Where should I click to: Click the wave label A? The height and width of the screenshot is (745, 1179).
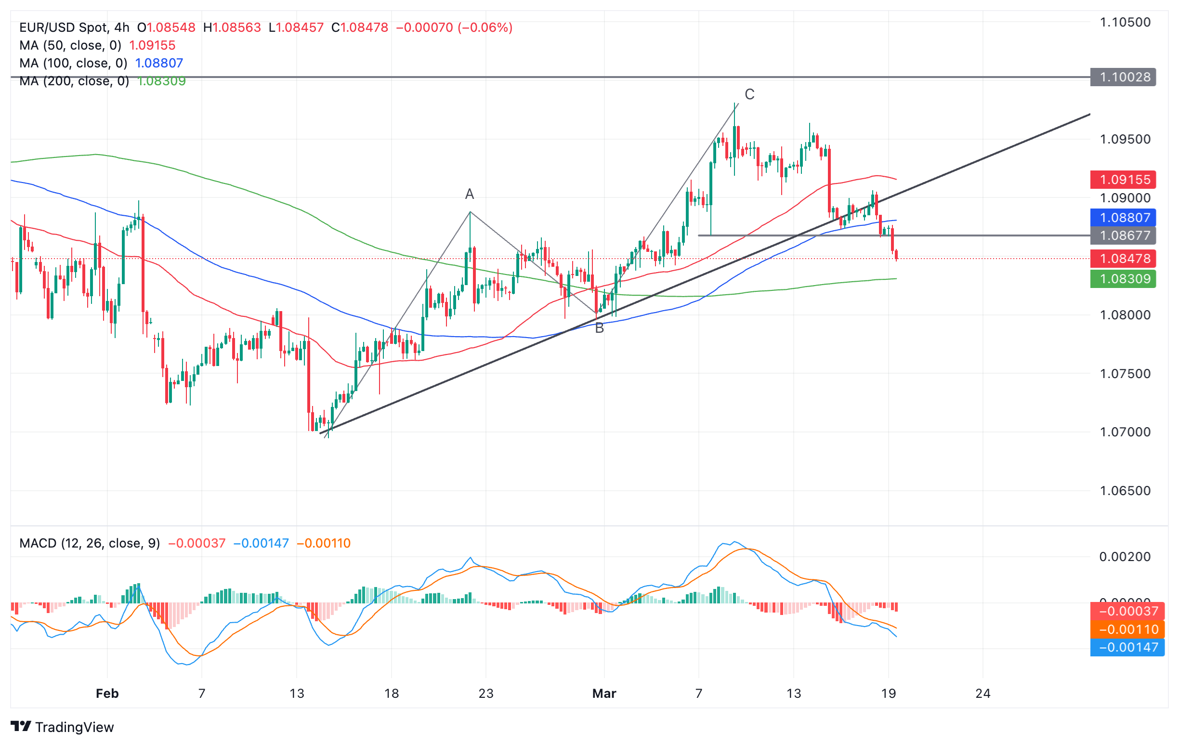pyautogui.click(x=469, y=195)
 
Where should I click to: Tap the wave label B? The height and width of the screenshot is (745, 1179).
pyautogui.click(x=599, y=328)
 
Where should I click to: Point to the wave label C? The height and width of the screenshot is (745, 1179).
pyautogui.click(x=749, y=94)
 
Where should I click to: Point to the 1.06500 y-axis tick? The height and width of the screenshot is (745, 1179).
pyautogui.click(x=1125, y=491)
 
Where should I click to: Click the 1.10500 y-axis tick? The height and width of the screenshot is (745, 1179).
pyautogui.click(x=1125, y=22)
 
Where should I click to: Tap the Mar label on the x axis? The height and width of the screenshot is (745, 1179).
pyautogui.click(x=603, y=693)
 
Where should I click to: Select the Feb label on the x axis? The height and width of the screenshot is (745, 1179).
pyautogui.click(x=107, y=693)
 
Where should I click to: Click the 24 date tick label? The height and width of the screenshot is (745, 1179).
pyautogui.click(x=982, y=693)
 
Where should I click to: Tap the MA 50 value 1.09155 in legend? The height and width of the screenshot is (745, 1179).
pyautogui.click(x=152, y=46)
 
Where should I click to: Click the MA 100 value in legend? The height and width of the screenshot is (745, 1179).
pyautogui.click(x=158, y=63)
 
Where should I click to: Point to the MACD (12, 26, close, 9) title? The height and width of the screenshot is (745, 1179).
pyautogui.click(x=90, y=543)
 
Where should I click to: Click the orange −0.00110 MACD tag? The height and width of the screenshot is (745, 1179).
pyautogui.click(x=1127, y=629)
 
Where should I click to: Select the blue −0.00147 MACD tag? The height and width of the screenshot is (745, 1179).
pyautogui.click(x=1127, y=648)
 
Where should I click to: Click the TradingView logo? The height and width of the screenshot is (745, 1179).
pyautogui.click(x=62, y=727)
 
